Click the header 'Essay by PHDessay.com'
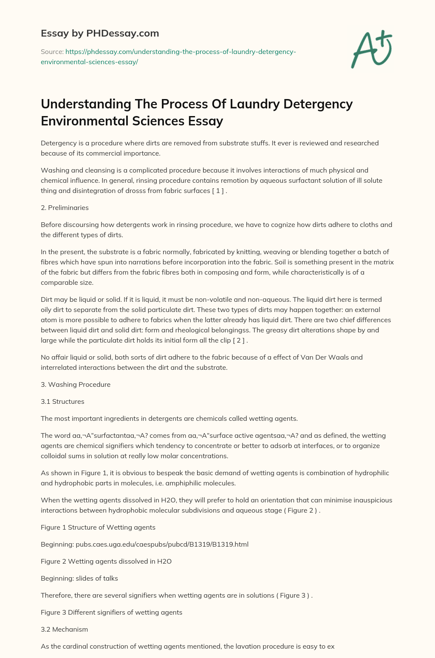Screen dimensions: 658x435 pyautogui.click(x=100, y=33)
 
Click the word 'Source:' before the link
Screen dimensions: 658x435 pyautogui.click(x=52, y=51)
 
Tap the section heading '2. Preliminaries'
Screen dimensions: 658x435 pyautogui.click(x=65, y=207)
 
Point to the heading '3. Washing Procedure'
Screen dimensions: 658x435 pyautogui.click(x=76, y=384)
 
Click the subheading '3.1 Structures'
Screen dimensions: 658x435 pyautogui.click(x=62, y=401)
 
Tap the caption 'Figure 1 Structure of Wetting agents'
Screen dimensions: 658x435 pyautogui.click(x=98, y=527)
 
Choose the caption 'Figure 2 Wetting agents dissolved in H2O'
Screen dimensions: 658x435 pyautogui.click(x=106, y=561)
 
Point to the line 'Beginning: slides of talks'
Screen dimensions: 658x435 pyautogui.click(x=79, y=578)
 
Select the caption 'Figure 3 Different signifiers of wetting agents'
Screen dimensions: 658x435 pyautogui.click(x=111, y=612)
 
